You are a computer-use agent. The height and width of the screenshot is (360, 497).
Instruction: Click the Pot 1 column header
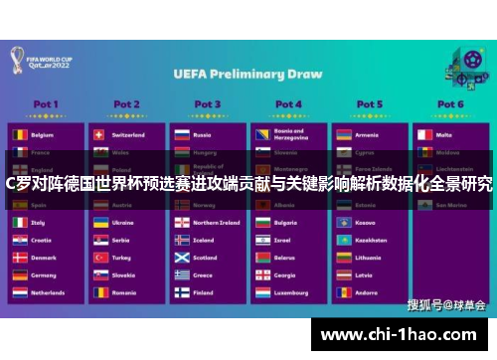pos(46,104)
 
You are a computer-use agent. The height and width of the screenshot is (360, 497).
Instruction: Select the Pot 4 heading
pos(288,104)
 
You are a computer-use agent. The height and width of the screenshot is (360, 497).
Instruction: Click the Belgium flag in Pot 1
pos(19,134)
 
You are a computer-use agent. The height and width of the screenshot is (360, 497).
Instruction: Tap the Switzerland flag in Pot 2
pos(99,134)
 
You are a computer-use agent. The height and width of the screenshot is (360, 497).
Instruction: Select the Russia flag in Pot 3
pos(181,134)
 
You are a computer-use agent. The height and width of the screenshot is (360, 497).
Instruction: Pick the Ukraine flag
pos(99,223)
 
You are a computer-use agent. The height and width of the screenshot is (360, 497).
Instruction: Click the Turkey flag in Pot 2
pos(99,258)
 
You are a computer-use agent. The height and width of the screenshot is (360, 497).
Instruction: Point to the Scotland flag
pos(181,258)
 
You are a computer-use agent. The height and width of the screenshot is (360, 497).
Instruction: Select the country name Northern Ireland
pos(216,223)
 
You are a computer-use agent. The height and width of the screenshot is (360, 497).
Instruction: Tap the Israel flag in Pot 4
pos(261,240)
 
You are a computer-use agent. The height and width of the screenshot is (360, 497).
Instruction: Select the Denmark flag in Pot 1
pos(19,258)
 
